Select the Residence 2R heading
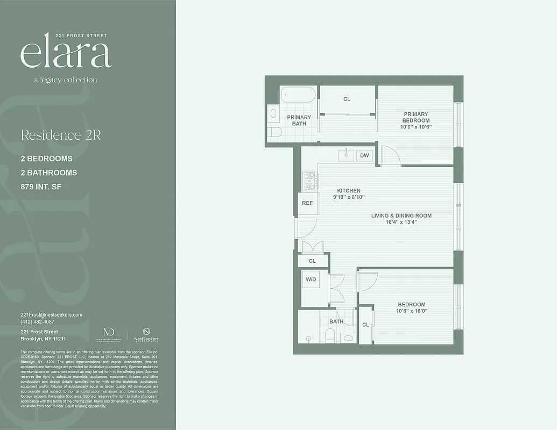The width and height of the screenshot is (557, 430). click(x=61, y=135)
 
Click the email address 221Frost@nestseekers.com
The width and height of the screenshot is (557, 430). click(x=51, y=315)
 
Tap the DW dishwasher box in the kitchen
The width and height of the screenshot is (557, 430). click(x=364, y=155)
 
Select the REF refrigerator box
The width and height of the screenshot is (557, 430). click(x=307, y=203)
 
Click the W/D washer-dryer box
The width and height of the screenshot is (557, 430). click(x=311, y=280)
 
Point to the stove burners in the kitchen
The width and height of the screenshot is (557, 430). click(x=309, y=181)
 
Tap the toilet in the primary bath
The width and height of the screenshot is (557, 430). click(x=275, y=132)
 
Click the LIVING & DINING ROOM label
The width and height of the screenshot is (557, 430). click(x=401, y=216)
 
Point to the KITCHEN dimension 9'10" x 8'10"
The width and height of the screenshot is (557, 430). click(x=349, y=197)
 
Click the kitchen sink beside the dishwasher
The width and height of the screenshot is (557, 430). click(x=346, y=155)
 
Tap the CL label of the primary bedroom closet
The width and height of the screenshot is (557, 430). click(x=347, y=99)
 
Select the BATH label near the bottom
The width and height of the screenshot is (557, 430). click(x=336, y=321)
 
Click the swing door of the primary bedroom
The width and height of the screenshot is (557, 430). click(x=389, y=156)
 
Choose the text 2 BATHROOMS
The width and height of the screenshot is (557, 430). click(x=48, y=173)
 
